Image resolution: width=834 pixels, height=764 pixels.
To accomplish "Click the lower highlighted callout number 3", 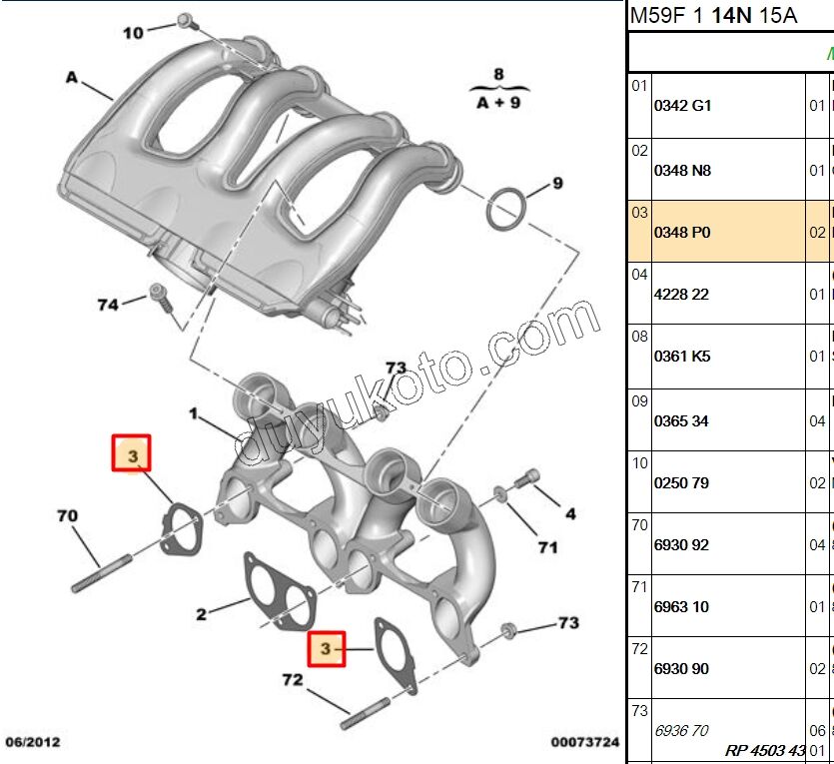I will [326, 649].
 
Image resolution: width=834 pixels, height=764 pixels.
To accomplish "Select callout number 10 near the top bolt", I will [133, 33].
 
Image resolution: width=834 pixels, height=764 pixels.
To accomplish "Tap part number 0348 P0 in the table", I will [682, 232].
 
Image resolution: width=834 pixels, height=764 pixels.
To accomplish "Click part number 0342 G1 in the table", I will [682, 105].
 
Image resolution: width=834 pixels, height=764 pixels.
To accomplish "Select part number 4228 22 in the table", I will [681, 294].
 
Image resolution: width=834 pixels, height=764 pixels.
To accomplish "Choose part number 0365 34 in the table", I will [681, 420].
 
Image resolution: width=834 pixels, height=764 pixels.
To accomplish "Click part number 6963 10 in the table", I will [681, 606].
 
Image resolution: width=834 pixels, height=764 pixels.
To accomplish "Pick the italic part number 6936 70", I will [681, 730].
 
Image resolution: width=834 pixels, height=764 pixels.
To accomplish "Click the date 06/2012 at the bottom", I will [33, 742].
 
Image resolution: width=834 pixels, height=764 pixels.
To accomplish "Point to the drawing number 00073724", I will [585, 742].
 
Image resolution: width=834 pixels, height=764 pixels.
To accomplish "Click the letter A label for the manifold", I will [71, 76].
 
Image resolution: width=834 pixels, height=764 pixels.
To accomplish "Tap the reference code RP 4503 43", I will [765, 750].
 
